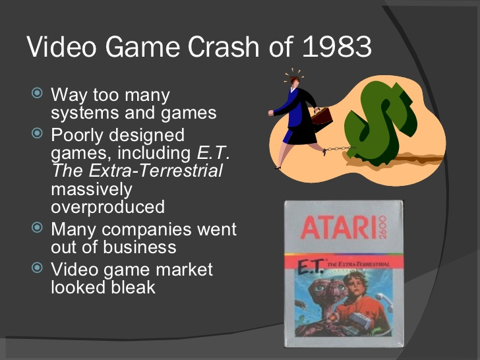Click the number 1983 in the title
pos(337,47)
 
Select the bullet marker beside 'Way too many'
pos(37,93)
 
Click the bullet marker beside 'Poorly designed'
pos(37,133)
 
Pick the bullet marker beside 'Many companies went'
pos(37,227)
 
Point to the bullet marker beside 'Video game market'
pos(37,268)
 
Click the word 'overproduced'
pos(107,207)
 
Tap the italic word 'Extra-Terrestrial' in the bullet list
pos(156,170)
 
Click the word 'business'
pos(139,247)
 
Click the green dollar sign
pos(380,123)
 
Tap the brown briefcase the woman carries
pos(322,119)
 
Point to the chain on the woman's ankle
pos(339,149)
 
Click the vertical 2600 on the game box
pos(382,227)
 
